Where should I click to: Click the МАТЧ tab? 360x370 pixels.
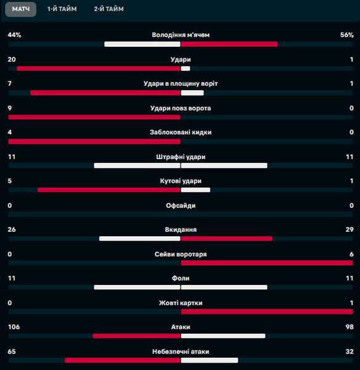21,9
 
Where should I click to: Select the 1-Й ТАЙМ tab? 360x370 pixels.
62,9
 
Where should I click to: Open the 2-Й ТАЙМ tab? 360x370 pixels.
108,9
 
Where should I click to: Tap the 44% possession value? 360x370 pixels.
14,35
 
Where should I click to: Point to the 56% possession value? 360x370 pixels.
347,35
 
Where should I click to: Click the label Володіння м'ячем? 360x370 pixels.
181,35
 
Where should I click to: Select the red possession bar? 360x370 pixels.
229,44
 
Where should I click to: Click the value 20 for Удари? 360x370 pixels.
12,59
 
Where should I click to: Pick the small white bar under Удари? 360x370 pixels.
186,68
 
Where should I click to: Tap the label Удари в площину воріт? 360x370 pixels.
181,83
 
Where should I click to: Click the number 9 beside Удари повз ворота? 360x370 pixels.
10,108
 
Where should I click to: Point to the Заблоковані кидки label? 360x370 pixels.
181,132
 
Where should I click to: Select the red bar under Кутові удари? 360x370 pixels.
108,190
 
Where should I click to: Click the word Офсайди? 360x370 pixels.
181,205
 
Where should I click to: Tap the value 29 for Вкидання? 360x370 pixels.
350,229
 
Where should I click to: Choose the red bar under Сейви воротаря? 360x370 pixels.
267,263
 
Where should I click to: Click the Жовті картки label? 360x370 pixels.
181,303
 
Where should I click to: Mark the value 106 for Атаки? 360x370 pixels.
14,327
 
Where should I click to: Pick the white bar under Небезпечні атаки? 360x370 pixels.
210,360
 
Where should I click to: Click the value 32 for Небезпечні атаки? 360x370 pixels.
350,351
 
